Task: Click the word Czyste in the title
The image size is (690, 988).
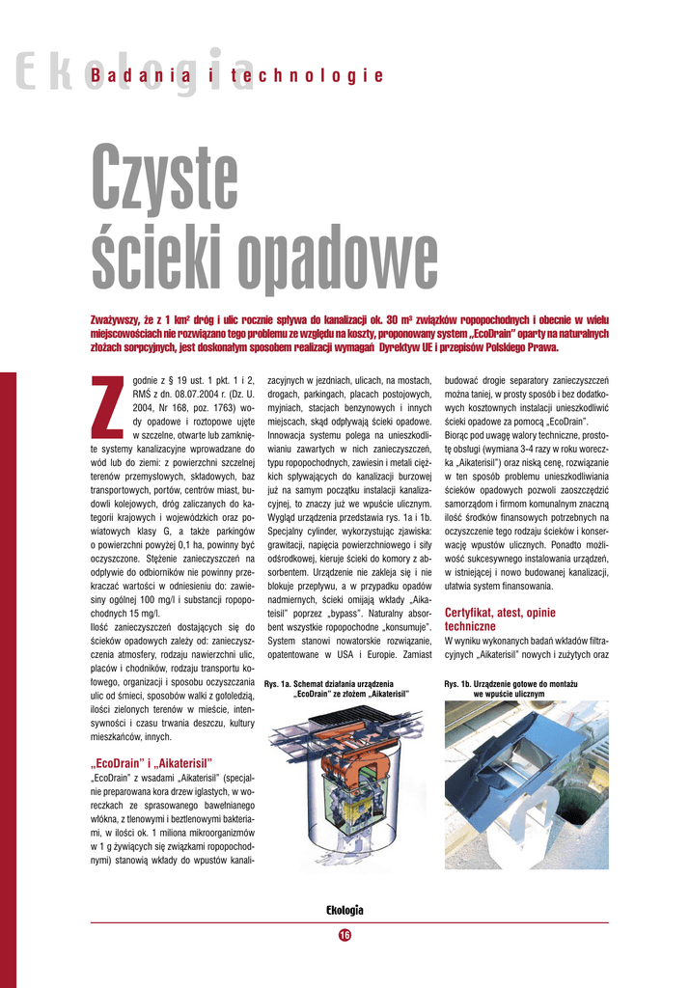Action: click(x=164, y=178)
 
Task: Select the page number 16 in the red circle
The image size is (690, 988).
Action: click(x=345, y=934)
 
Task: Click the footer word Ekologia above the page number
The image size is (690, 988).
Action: click(x=345, y=911)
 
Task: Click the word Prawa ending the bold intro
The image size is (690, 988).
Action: click(x=539, y=347)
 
